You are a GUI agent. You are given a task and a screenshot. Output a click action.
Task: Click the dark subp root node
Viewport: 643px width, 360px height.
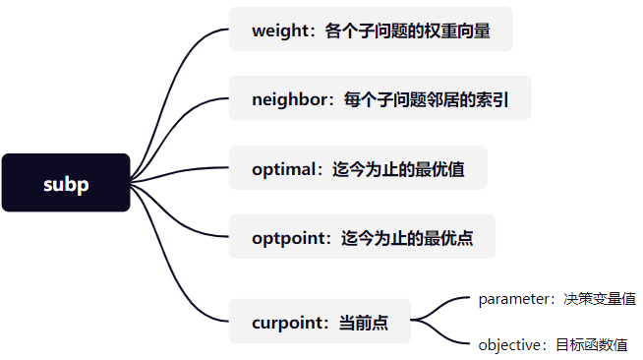click(x=66, y=183)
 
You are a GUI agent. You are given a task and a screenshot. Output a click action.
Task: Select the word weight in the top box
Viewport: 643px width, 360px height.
click(x=279, y=31)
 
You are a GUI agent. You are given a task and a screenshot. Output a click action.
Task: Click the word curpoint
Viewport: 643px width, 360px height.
click(x=289, y=321)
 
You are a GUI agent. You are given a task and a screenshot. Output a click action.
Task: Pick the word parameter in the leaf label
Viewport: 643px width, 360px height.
click(x=513, y=299)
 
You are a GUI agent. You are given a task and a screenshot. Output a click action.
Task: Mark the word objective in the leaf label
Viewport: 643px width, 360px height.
click(x=510, y=345)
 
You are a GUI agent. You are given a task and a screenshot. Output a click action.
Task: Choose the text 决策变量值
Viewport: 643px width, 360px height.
click(x=599, y=299)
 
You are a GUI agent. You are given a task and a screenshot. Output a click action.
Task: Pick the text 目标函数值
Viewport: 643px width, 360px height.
click(x=591, y=345)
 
